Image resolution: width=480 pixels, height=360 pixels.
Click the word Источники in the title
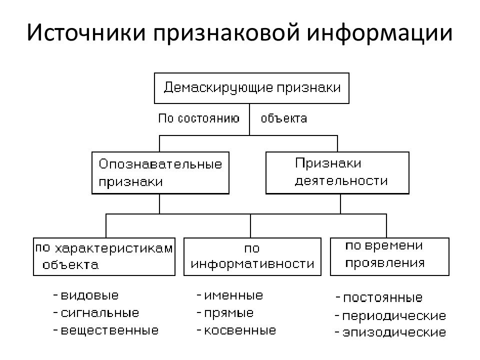point(86,32)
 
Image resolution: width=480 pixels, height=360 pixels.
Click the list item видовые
point(86,295)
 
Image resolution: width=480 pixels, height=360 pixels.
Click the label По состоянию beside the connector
point(199,118)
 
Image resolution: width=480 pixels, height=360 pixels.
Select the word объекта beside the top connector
point(284,118)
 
